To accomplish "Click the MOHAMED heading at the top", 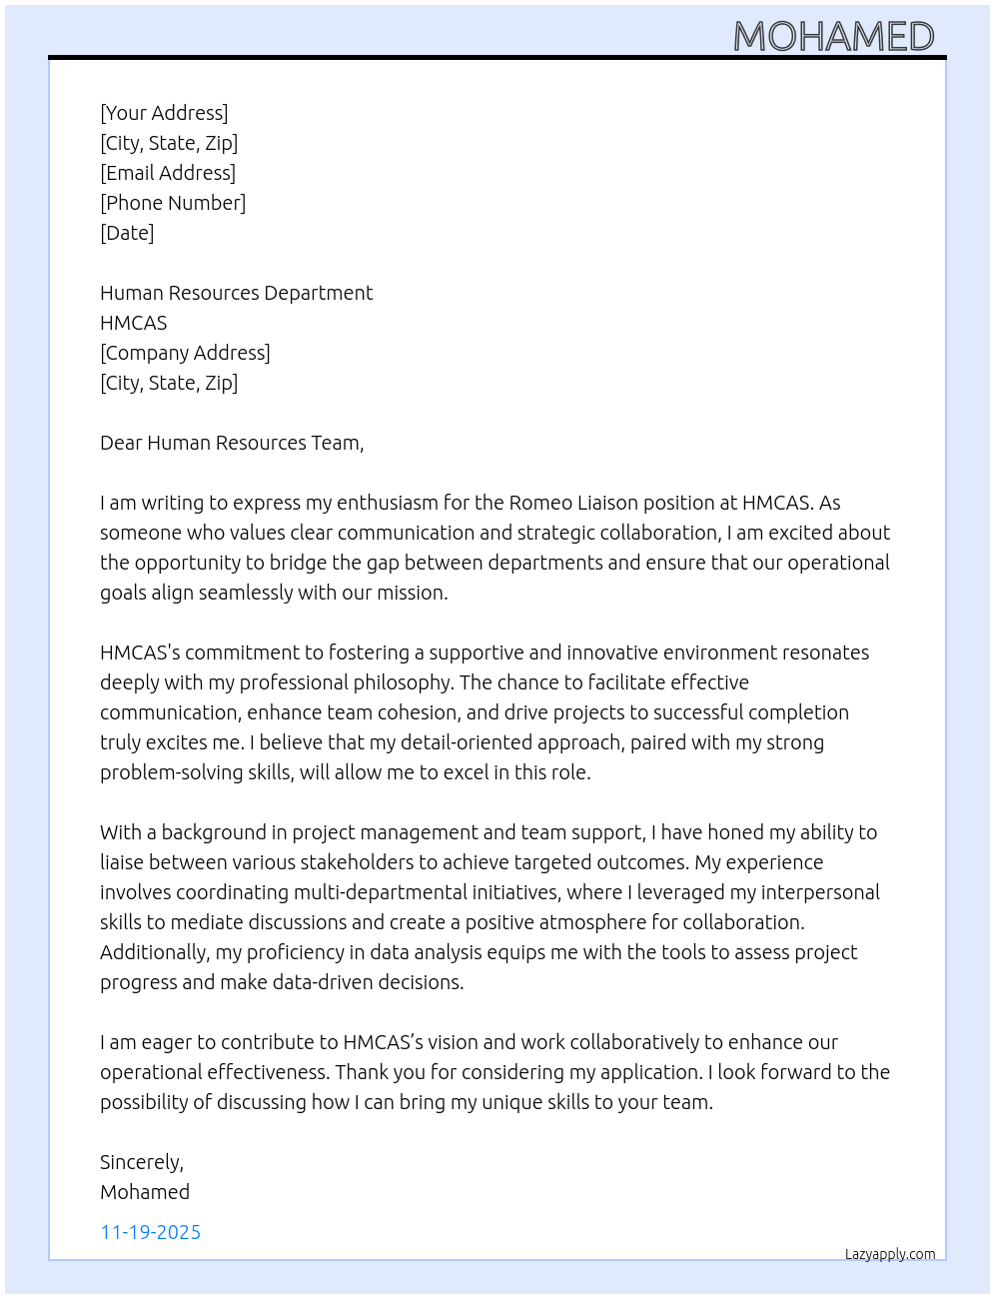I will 833,37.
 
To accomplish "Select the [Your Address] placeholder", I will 164,113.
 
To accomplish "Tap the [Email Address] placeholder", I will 168,173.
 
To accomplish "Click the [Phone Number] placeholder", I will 173,203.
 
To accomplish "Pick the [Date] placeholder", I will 127,233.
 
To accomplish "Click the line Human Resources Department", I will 236,293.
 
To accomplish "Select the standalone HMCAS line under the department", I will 134,323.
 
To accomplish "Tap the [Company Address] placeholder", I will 185,353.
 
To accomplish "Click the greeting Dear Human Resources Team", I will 232,443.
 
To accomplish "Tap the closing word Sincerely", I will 141,1162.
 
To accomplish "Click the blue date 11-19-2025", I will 151,1232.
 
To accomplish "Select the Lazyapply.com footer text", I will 890,1254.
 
